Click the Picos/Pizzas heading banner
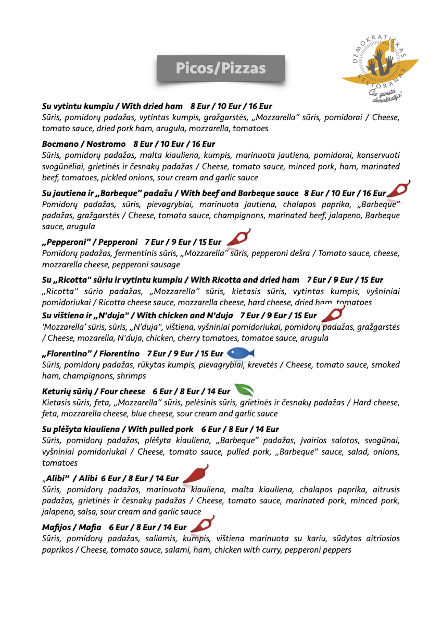click(x=221, y=69)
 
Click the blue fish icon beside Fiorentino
click(x=241, y=353)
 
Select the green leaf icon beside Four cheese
click(x=244, y=390)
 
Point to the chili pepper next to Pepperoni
click(x=239, y=238)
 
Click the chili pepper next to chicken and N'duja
click(x=332, y=314)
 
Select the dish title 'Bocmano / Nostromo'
click(x=84, y=144)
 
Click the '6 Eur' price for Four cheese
click(x=162, y=391)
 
